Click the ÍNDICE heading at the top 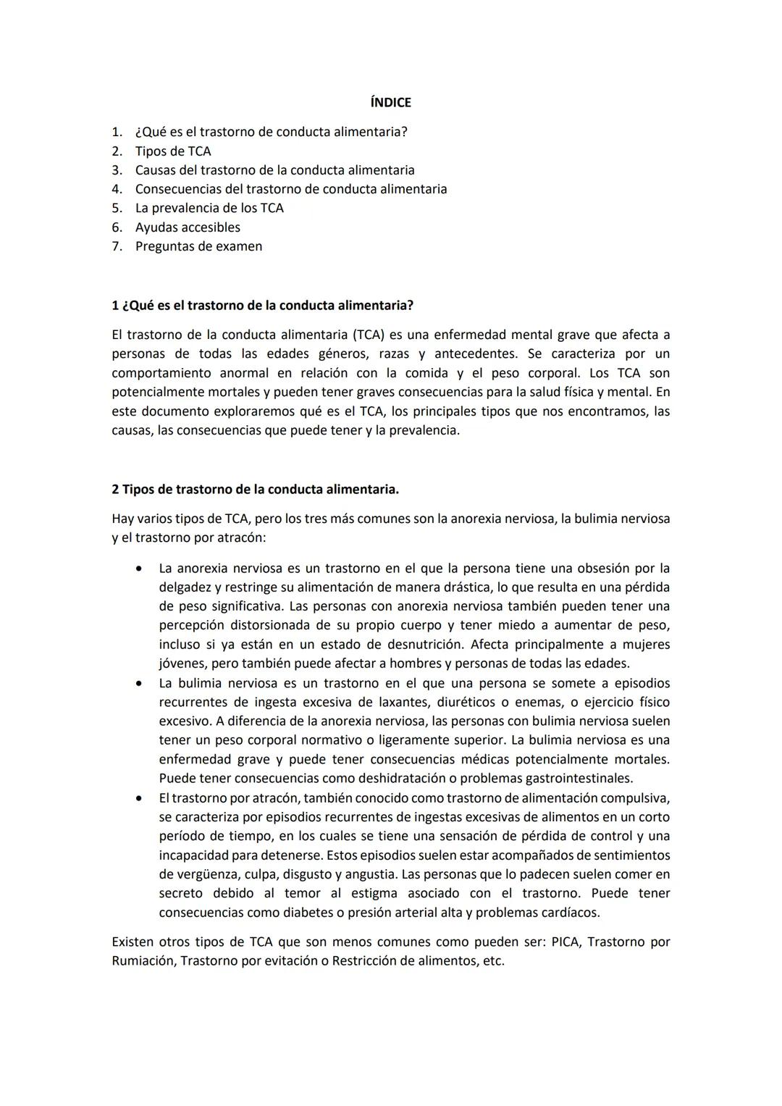coord(390,103)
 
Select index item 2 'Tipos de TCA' coord(173,151)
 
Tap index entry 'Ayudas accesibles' coord(188,227)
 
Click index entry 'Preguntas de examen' coord(198,246)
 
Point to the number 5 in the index coord(116,209)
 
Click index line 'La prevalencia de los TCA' coord(209,209)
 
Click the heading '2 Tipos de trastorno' coord(255,490)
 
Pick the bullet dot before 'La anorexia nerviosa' coord(138,569)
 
